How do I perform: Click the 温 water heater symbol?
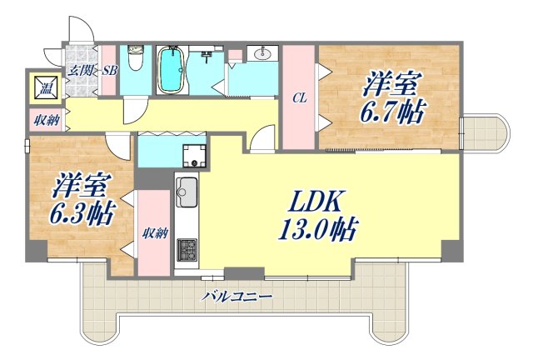tap(42, 84)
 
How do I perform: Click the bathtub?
tap(173, 70)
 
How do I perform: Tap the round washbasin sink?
tap(262, 56)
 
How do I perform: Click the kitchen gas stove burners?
tap(186, 249)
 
